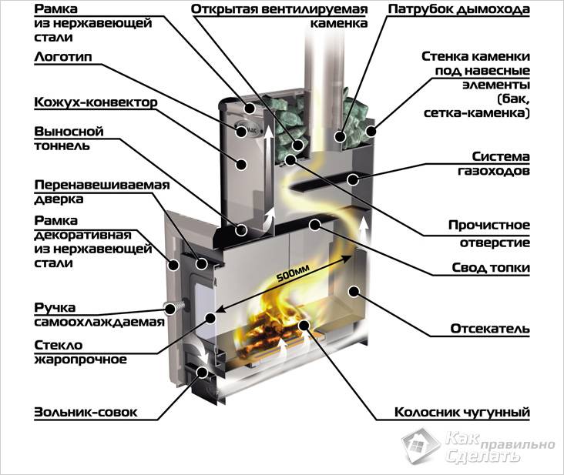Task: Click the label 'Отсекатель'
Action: [490, 329]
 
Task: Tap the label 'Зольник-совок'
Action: [86, 413]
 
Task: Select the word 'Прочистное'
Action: [490, 226]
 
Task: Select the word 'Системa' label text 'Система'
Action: [500, 156]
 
